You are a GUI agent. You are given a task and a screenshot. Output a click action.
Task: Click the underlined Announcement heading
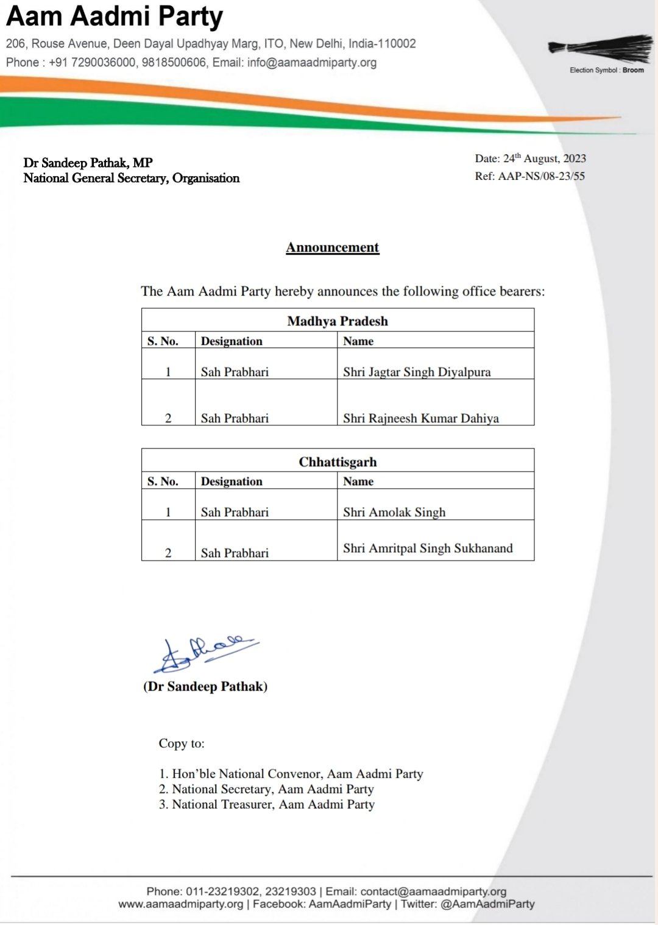click(333, 247)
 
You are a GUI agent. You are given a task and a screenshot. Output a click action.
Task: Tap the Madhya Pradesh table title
click(338, 321)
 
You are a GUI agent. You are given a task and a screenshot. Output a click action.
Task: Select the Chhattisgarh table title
click(338, 462)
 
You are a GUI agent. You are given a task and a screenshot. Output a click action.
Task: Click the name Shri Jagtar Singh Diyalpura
click(417, 372)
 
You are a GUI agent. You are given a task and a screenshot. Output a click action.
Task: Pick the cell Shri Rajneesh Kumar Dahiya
click(421, 418)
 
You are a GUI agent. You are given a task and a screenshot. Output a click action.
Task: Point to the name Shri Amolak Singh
click(394, 512)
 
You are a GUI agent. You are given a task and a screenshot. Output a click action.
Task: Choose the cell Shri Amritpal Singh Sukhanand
click(428, 548)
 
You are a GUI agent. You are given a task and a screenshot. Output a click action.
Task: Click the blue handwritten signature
click(204, 653)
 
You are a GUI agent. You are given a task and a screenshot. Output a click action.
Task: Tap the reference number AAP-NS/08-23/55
click(541, 176)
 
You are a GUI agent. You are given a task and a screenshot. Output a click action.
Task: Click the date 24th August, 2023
click(544, 158)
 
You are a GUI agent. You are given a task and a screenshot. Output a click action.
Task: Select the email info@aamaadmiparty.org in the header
click(311, 62)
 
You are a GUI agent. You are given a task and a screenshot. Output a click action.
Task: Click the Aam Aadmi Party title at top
click(115, 16)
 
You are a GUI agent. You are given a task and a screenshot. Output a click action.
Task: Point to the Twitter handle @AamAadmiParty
click(487, 904)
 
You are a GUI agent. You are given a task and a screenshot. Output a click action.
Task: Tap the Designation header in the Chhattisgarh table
click(232, 481)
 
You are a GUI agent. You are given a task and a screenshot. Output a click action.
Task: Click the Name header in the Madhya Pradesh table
click(358, 341)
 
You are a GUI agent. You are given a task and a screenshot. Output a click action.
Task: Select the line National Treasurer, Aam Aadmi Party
click(273, 804)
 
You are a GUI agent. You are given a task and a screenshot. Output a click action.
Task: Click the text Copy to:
click(182, 743)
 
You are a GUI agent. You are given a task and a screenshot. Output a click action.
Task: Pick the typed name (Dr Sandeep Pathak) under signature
click(205, 687)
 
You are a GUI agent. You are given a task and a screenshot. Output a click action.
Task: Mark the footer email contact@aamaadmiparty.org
click(433, 891)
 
